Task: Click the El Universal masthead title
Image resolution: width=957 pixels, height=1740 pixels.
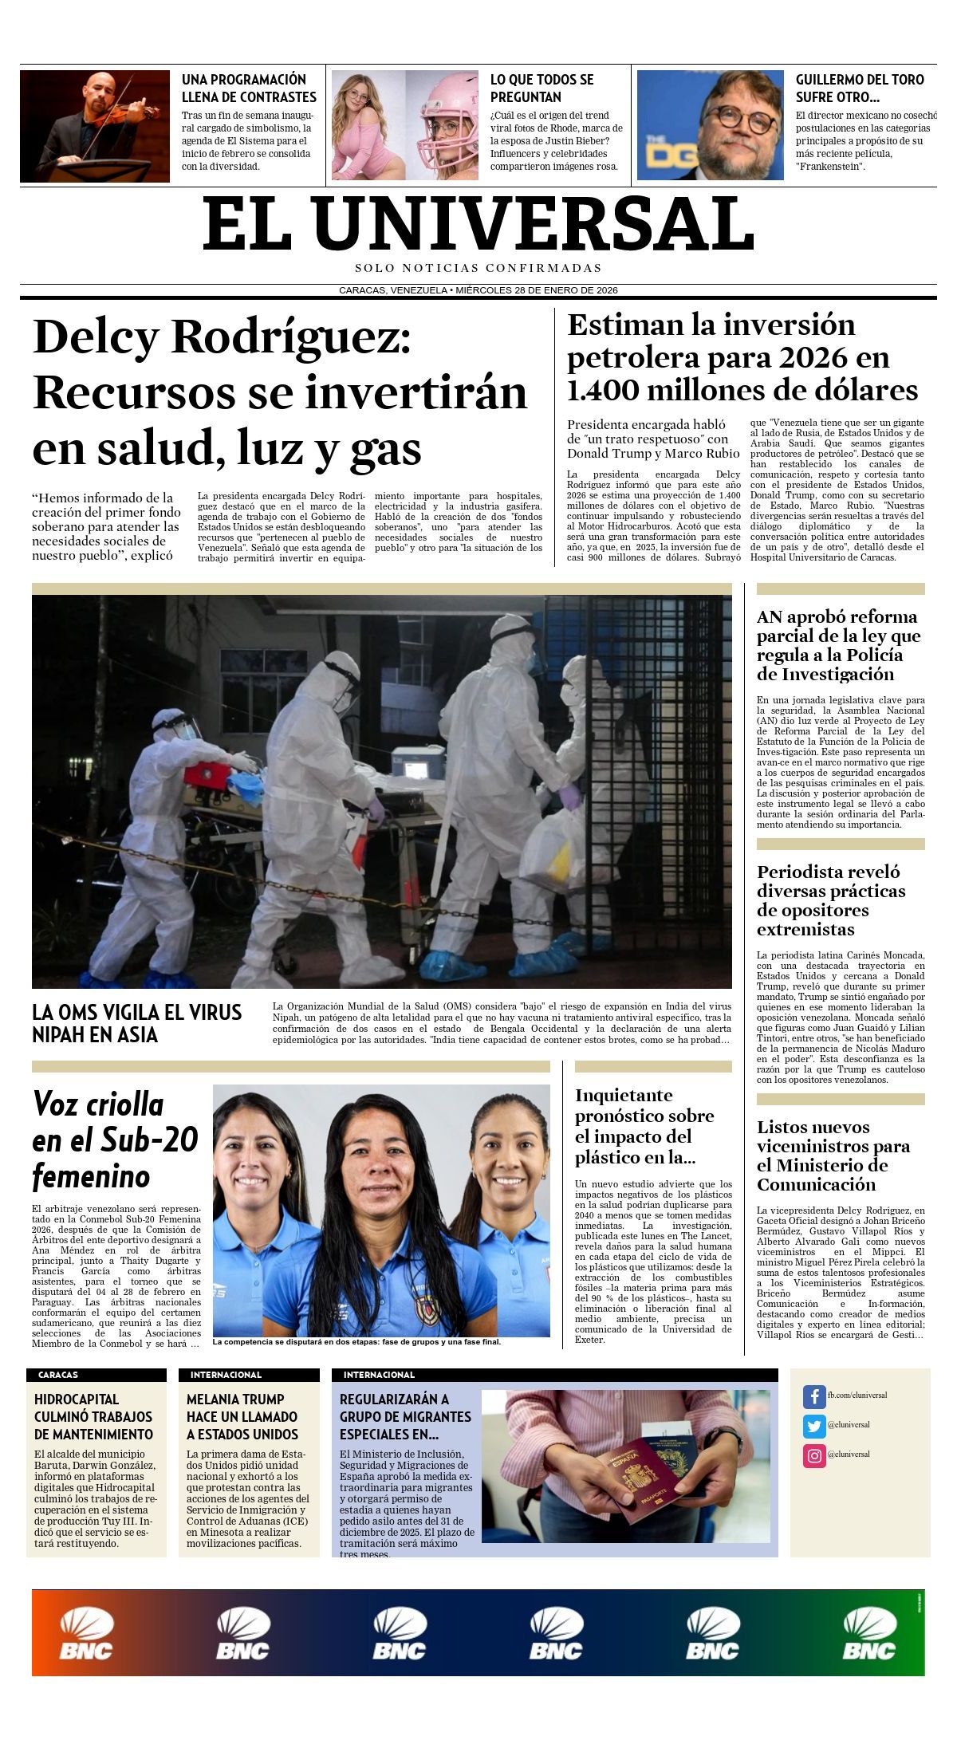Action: click(478, 224)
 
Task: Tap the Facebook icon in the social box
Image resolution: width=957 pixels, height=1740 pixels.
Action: click(813, 1396)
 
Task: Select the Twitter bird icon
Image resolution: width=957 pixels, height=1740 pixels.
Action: click(813, 1426)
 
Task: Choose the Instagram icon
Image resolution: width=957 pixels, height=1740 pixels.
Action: click(813, 1455)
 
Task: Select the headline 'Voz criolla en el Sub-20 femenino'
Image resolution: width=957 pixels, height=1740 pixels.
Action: click(115, 1140)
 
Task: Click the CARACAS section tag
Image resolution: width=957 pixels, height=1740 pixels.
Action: click(58, 1375)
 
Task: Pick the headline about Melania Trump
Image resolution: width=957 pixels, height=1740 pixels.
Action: click(242, 1416)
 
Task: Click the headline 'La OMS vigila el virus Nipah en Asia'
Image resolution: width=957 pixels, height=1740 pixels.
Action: click(136, 1023)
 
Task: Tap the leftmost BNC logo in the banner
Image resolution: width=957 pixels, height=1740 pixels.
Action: click(86, 1634)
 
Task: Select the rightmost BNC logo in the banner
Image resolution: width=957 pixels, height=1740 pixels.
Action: click(870, 1634)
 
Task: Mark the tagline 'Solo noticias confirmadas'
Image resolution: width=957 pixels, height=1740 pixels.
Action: click(478, 268)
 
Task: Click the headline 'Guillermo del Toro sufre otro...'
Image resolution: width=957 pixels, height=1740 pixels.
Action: click(860, 88)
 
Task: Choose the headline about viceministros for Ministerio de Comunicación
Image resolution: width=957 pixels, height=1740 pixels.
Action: click(833, 1155)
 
